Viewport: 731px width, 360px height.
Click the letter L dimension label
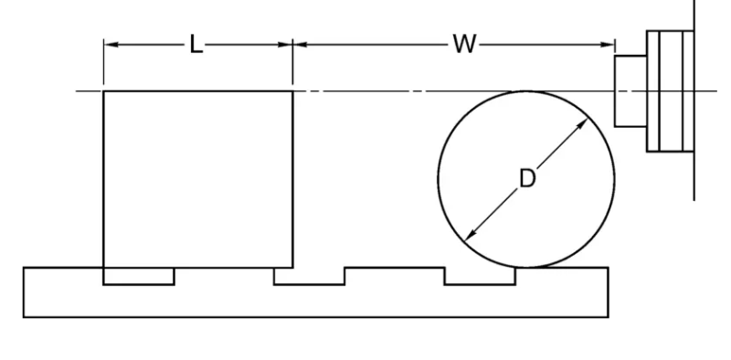[196, 45]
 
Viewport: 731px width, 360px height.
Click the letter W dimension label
[464, 45]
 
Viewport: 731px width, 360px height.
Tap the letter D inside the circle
[526, 178]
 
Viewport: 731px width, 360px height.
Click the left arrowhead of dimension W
[299, 45]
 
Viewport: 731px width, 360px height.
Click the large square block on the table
[197, 178]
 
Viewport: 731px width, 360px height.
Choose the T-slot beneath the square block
[138, 276]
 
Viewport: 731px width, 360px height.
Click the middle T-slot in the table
[309, 276]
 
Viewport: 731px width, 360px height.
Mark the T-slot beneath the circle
[480, 276]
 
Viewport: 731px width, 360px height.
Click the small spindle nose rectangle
[630, 91]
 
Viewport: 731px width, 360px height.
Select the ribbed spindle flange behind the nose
[668, 91]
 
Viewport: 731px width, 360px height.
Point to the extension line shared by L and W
[292, 64]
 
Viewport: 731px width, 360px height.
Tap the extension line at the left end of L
[103, 64]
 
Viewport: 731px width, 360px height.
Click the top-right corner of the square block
[292, 91]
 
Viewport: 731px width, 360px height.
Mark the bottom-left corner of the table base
[24, 317]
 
